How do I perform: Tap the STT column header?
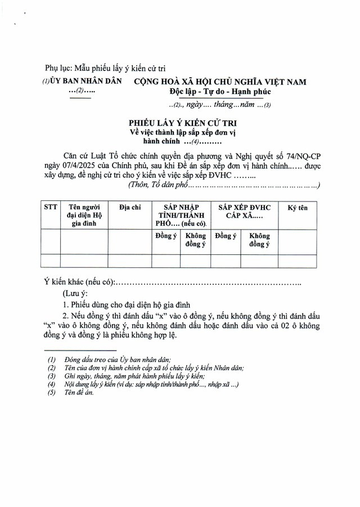point(51,208)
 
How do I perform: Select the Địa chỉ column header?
point(130,208)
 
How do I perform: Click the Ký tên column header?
point(298,208)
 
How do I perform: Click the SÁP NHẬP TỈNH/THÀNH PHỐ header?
point(181,215)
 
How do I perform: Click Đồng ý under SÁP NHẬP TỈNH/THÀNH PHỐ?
point(166,236)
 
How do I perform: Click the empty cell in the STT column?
point(51,261)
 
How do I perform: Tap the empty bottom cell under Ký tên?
point(298,261)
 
